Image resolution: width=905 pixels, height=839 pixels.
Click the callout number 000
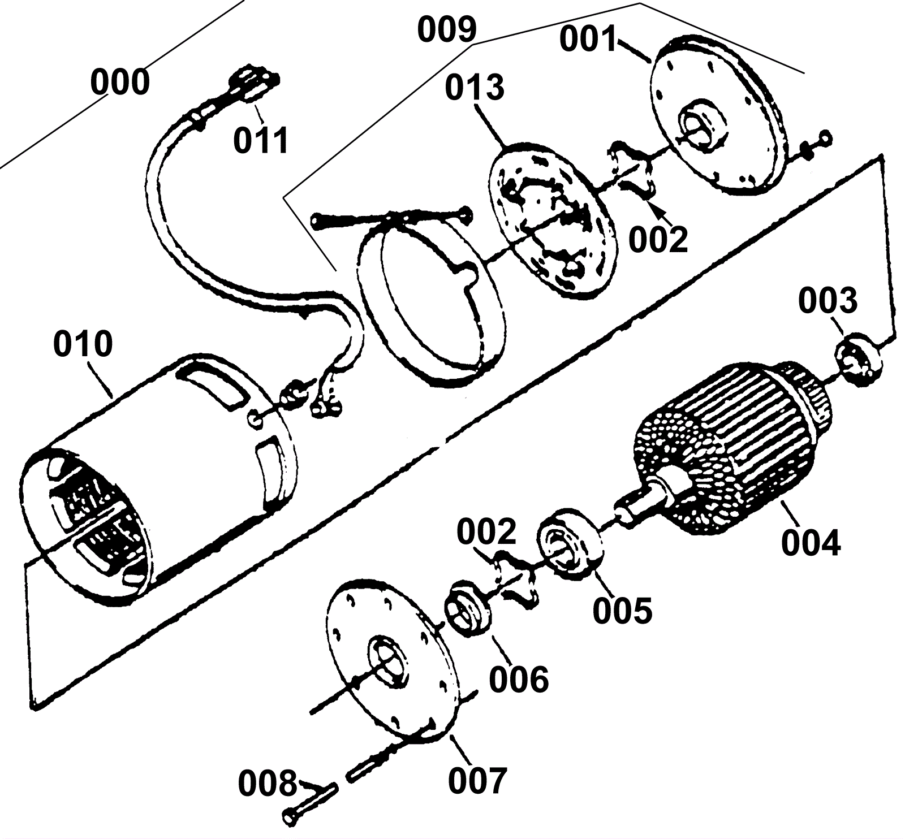(120, 83)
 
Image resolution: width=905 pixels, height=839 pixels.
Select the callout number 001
(589, 40)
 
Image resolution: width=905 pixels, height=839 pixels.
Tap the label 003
(828, 301)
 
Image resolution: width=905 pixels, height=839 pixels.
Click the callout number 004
(811, 542)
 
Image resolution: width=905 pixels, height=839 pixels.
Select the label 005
(622, 609)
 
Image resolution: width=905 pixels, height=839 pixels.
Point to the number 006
(519, 679)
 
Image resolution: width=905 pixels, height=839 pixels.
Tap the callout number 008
(267, 783)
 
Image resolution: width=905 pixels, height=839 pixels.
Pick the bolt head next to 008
(291, 817)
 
